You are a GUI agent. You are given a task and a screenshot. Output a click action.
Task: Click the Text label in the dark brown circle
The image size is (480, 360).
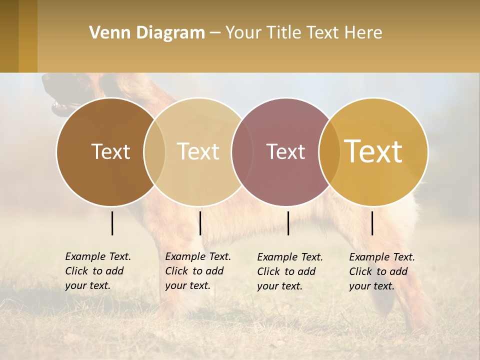110,151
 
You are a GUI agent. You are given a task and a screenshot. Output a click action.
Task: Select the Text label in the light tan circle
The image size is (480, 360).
198,151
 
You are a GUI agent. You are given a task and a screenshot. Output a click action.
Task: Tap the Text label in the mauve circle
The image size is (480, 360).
285,151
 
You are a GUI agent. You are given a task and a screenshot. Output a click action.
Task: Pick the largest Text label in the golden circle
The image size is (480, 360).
373,151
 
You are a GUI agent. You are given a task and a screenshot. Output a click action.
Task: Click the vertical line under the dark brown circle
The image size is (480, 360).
112,223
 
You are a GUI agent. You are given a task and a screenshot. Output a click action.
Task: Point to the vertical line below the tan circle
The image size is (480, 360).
200,223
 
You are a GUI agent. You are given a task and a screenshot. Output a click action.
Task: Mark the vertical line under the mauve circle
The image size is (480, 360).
288,223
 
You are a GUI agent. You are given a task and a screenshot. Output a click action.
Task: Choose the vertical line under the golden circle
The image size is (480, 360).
372,223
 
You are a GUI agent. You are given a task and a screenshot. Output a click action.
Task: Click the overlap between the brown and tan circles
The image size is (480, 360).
154,152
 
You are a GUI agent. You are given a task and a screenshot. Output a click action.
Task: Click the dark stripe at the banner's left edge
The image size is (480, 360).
9,36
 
